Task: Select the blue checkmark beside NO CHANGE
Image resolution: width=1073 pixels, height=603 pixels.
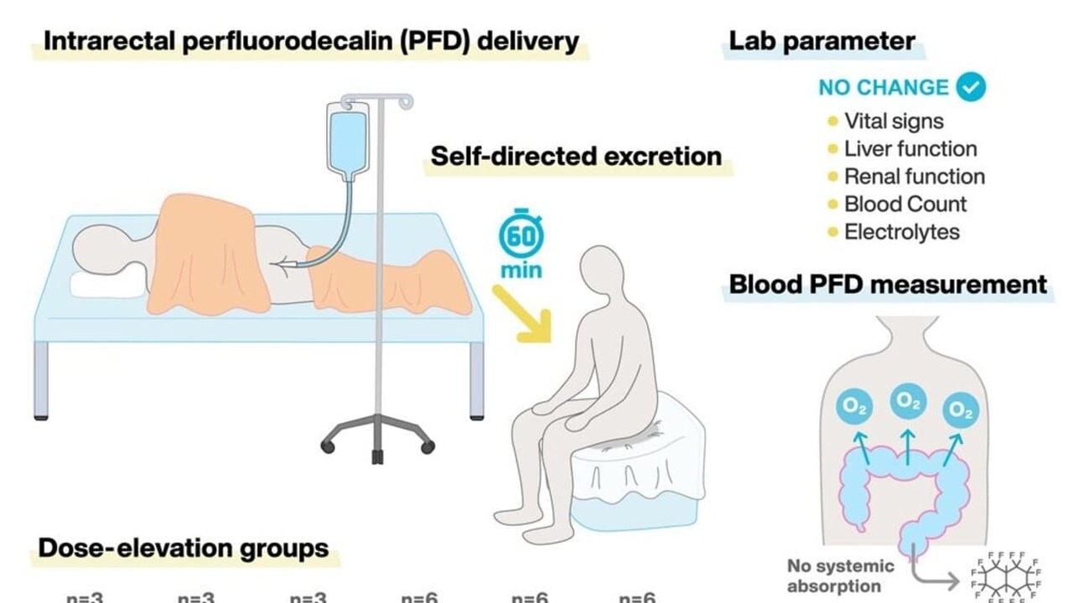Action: pyautogui.click(x=972, y=86)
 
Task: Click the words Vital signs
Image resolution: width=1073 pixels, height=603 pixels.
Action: pyautogui.click(x=894, y=121)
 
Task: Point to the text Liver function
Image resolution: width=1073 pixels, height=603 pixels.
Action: pyautogui.click(x=910, y=149)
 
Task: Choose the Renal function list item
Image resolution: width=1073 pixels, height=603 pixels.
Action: pyautogui.click(x=915, y=177)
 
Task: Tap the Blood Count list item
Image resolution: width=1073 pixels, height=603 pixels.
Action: pyautogui.click(x=905, y=204)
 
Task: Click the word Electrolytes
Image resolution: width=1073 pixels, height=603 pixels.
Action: pyautogui.click(x=902, y=232)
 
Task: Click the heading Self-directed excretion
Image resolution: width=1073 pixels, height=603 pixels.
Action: pyautogui.click(x=576, y=157)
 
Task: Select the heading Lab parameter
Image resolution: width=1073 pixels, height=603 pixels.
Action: pyautogui.click(x=822, y=42)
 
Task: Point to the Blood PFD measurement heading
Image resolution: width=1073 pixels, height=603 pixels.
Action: pyautogui.click(x=888, y=285)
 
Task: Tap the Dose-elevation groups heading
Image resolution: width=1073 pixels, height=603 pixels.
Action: pyautogui.click(x=184, y=549)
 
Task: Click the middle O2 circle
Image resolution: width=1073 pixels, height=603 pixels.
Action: pyautogui.click(x=906, y=401)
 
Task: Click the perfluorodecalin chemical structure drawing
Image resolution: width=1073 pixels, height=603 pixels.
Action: pyautogui.click(x=1007, y=577)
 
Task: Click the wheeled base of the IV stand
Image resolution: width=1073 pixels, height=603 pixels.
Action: pyautogui.click(x=377, y=436)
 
